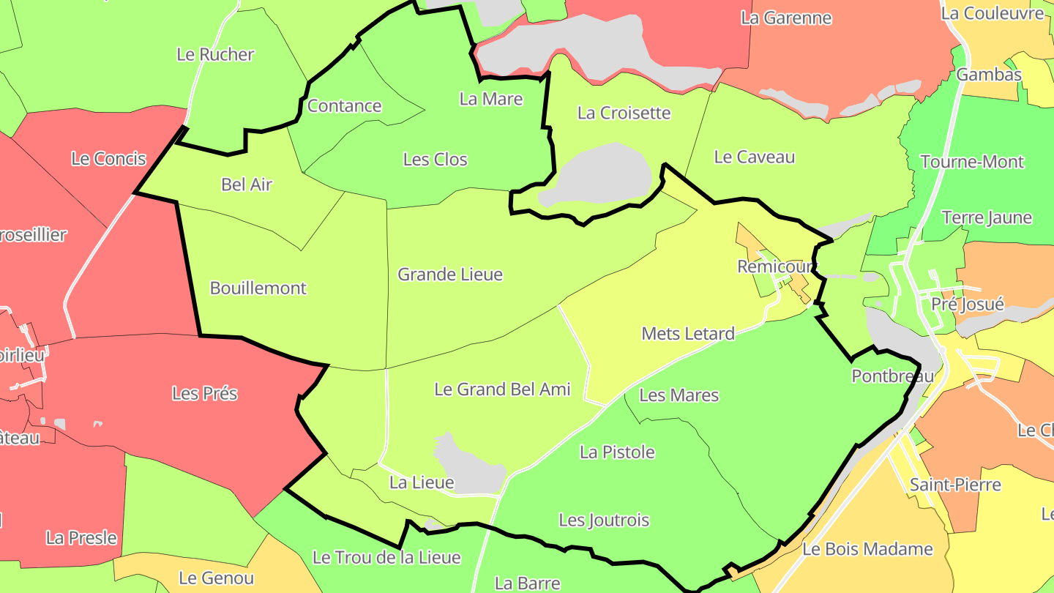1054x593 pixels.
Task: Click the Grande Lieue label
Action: (x=450, y=275)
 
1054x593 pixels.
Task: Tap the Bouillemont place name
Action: (x=258, y=288)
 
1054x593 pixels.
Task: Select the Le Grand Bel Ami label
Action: (x=502, y=389)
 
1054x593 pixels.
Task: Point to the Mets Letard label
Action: (x=688, y=334)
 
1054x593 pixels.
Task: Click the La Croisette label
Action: (x=624, y=113)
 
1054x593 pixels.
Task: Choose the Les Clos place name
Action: (x=435, y=160)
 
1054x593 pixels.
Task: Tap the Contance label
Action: (x=344, y=106)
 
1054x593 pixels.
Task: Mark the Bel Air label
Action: (x=247, y=184)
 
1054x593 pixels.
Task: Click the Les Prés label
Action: (x=205, y=393)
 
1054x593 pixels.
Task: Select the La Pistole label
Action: (x=617, y=452)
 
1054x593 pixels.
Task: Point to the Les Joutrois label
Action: (x=604, y=520)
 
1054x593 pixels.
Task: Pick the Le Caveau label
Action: (x=754, y=157)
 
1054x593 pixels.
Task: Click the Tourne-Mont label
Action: (x=972, y=162)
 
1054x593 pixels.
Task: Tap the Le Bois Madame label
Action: (x=867, y=549)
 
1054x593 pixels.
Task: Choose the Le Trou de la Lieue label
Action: (x=386, y=557)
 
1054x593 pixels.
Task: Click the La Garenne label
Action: (x=786, y=18)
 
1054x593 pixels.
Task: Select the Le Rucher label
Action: (x=215, y=54)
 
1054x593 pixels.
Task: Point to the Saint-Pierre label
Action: (x=955, y=484)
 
